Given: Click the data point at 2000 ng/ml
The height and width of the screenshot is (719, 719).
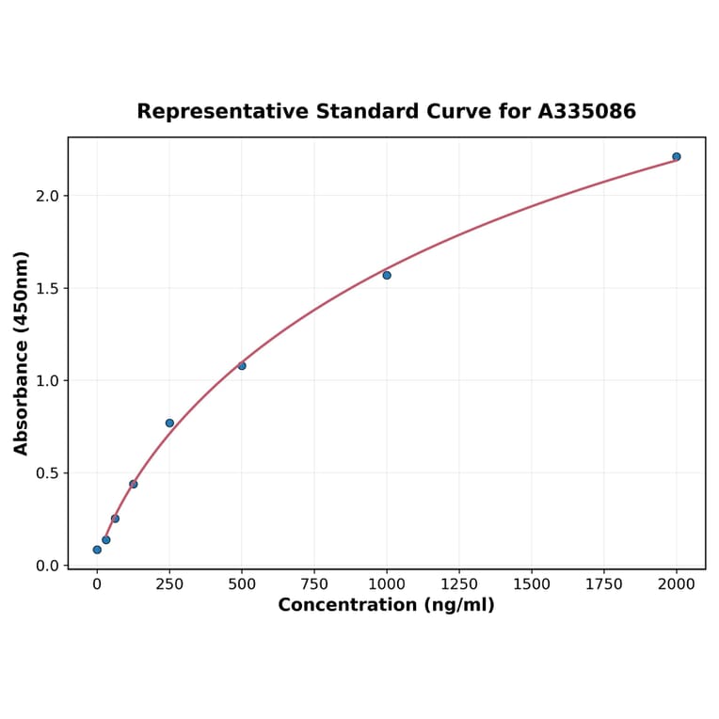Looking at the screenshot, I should tap(677, 156).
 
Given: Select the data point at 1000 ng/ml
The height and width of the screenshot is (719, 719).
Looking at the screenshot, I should tap(387, 275).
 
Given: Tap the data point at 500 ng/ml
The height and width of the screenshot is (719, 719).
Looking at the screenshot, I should tap(242, 365).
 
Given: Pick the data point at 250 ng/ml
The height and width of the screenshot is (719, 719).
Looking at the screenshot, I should tap(169, 423).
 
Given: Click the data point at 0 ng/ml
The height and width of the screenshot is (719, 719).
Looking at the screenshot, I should tap(97, 550).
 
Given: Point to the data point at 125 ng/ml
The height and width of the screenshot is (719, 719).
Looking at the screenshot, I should tap(134, 484).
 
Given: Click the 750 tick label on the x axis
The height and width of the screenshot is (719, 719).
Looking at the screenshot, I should tap(314, 584).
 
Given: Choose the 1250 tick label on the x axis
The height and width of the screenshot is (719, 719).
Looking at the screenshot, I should tap(459, 584).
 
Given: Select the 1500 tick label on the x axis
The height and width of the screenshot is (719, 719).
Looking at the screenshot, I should tap(532, 584).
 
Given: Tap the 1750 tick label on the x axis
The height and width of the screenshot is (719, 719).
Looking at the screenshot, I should tap(604, 584).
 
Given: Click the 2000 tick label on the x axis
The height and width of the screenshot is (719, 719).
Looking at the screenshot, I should tap(677, 584).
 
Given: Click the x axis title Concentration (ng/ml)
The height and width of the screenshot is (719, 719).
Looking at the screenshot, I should tap(386, 605).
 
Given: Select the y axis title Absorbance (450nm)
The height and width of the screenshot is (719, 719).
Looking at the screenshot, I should tap(22, 353).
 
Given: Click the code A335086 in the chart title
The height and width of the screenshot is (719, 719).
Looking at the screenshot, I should tap(587, 112).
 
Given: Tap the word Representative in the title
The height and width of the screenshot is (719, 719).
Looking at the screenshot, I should tap(209, 112).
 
